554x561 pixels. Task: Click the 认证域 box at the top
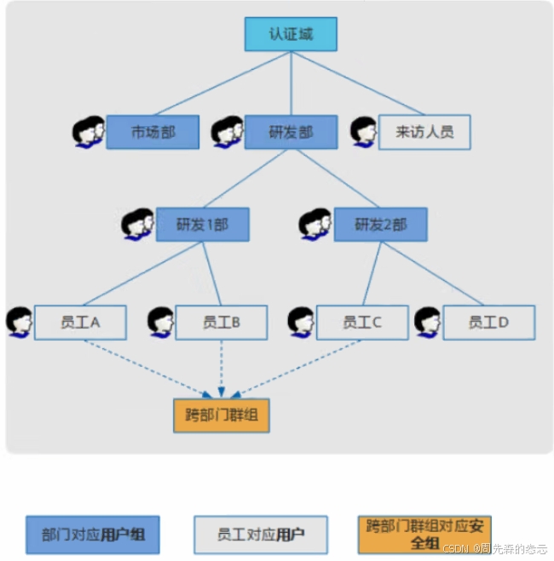click(291, 35)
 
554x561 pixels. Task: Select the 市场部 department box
click(153, 133)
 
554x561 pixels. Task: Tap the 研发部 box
click(291, 133)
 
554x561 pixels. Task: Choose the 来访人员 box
click(424, 133)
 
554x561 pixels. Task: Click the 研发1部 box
click(202, 225)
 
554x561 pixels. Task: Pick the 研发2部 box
click(380, 225)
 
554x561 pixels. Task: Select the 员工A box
click(80, 323)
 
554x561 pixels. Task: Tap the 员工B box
click(221, 323)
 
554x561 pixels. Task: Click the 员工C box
click(361, 323)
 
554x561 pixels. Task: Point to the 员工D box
click(488, 323)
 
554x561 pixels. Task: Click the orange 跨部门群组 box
click(221, 416)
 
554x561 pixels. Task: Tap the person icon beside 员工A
click(19, 322)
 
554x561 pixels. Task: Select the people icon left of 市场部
click(89, 133)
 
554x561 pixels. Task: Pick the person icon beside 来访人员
click(364, 132)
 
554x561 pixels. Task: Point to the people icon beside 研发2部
click(315, 224)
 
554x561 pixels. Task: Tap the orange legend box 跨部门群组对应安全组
click(424, 534)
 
